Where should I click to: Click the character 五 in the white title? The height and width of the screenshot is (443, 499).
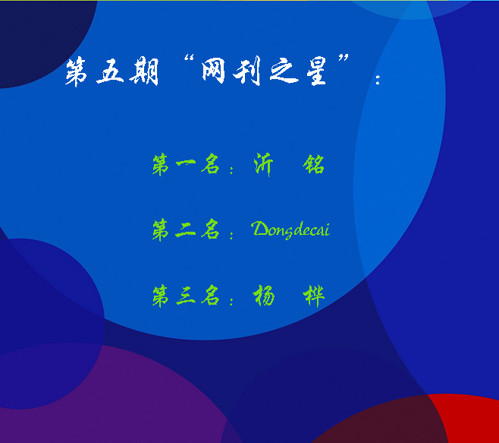[110, 71]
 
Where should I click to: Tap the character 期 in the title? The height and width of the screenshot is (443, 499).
[144, 71]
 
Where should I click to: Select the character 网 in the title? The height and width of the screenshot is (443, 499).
[214, 70]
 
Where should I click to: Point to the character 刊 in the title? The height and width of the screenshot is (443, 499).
[247, 71]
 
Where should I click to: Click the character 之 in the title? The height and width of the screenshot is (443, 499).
[284, 71]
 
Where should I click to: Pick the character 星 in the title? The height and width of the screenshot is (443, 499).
[317, 71]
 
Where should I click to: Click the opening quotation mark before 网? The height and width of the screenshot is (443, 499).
[189, 59]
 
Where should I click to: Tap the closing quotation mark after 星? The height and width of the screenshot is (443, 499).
[344, 59]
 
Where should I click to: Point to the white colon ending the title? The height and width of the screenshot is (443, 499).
[378, 80]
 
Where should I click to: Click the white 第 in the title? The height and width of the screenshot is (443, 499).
[76, 71]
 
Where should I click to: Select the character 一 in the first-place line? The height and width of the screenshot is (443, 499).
[186, 163]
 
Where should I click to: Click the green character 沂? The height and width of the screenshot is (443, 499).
[263, 164]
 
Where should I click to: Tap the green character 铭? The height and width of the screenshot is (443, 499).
[314, 164]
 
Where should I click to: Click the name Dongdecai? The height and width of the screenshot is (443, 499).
[291, 229]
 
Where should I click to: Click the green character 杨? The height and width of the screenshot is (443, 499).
[263, 296]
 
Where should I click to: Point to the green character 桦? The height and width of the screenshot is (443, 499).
[314, 296]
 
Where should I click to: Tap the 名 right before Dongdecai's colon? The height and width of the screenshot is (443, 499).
[210, 229]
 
